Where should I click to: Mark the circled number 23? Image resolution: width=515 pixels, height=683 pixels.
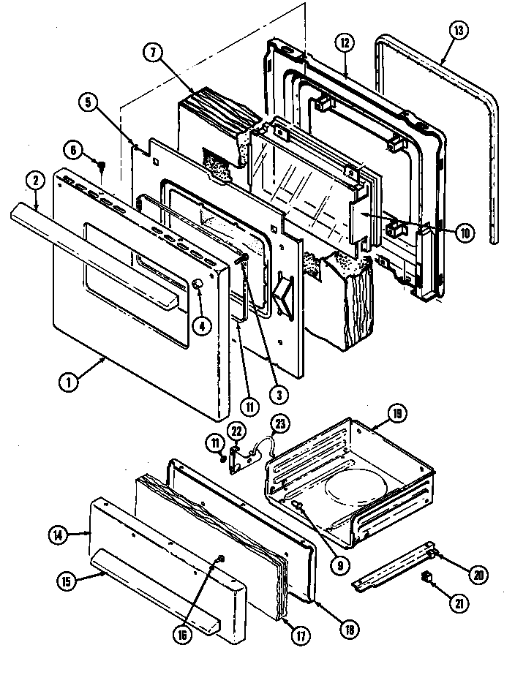pos(281,423)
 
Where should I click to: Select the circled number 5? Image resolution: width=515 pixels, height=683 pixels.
pos(88,102)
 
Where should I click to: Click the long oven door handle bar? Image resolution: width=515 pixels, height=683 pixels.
pos(102,241)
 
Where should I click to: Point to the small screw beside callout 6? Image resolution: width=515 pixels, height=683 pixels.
pos(102,165)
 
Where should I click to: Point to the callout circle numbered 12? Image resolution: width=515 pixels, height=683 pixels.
pos(346,43)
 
